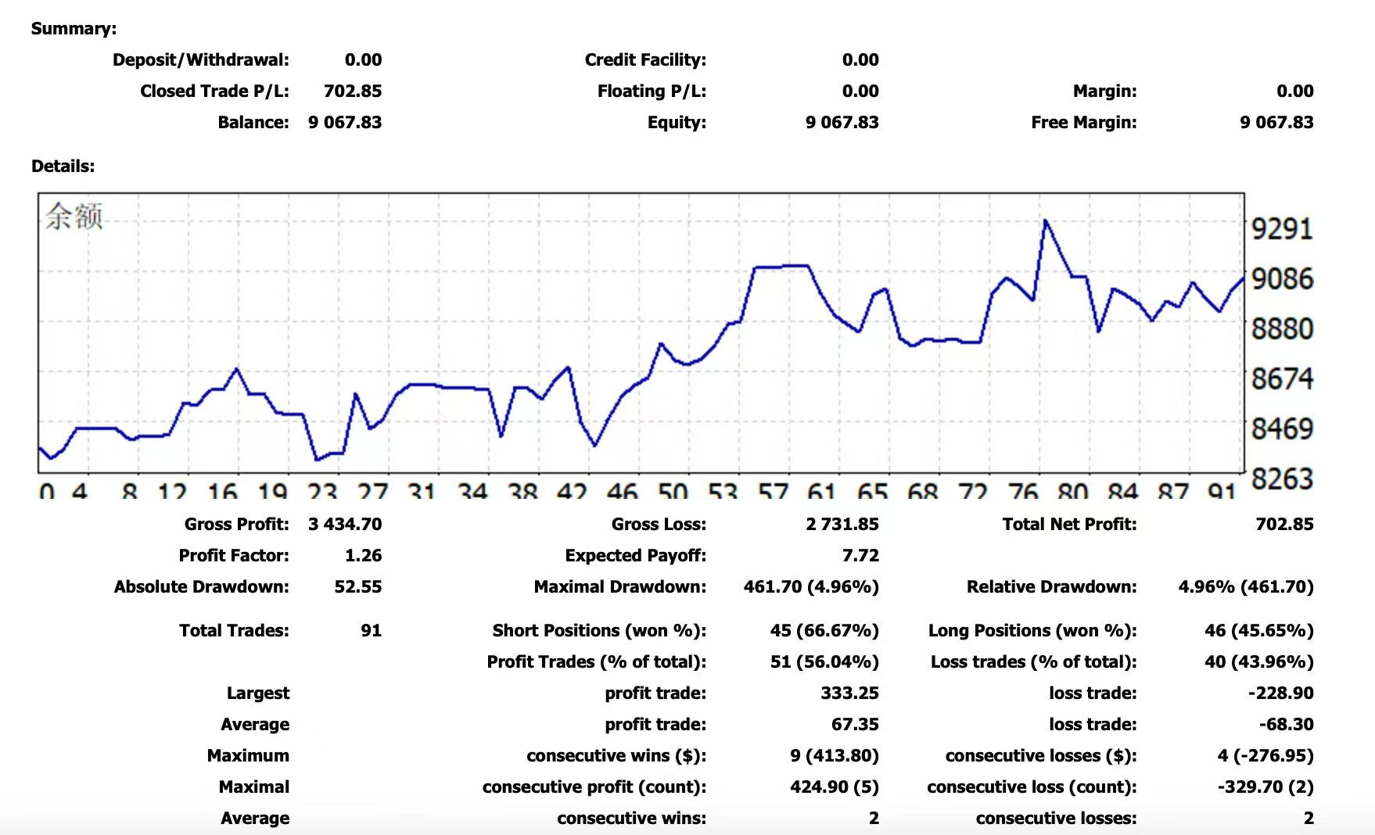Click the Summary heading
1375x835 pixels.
tap(74, 29)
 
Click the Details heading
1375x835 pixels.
tap(63, 167)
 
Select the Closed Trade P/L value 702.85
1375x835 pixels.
tap(353, 91)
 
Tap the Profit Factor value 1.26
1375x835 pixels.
tap(363, 556)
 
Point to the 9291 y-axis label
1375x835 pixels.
tap(1282, 229)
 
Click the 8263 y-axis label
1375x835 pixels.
tap(1282, 478)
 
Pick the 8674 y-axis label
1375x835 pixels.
tap(1282, 379)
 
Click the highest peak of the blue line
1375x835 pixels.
tap(1046, 221)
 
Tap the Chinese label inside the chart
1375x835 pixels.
tap(74, 217)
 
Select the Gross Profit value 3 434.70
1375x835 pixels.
tap(345, 525)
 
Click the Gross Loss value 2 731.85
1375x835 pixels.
tap(842, 525)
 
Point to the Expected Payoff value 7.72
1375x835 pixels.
tap(860, 556)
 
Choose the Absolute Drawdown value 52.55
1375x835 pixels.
tap(357, 587)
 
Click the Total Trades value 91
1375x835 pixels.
tap(371, 631)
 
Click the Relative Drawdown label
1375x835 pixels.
tap(1051, 587)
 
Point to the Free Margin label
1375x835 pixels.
tap(1083, 123)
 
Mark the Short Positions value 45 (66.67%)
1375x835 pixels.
tap(824, 631)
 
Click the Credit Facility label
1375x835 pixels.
tap(645, 60)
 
